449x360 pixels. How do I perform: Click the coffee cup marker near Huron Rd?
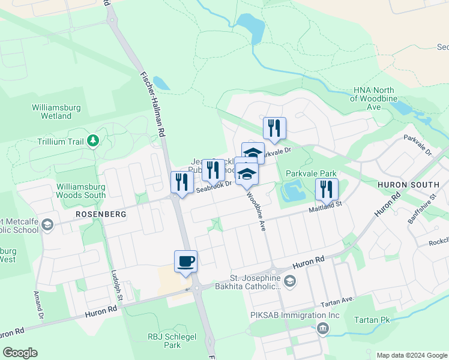click(x=185, y=262)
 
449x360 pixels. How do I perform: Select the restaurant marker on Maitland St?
click(x=327, y=189)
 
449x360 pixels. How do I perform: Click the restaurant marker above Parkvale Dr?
click(x=274, y=128)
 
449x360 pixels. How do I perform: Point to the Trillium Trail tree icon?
click(x=92, y=141)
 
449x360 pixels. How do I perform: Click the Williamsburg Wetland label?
click(x=52, y=112)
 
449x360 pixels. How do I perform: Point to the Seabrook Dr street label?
click(x=214, y=188)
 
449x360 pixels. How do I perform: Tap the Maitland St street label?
click(x=325, y=207)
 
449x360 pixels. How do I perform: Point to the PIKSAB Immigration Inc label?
click(x=295, y=315)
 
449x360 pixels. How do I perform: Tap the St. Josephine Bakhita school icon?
click(x=290, y=281)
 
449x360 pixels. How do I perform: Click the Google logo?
click(x=20, y=353)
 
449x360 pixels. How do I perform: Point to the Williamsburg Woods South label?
click(x=81, y=190)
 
